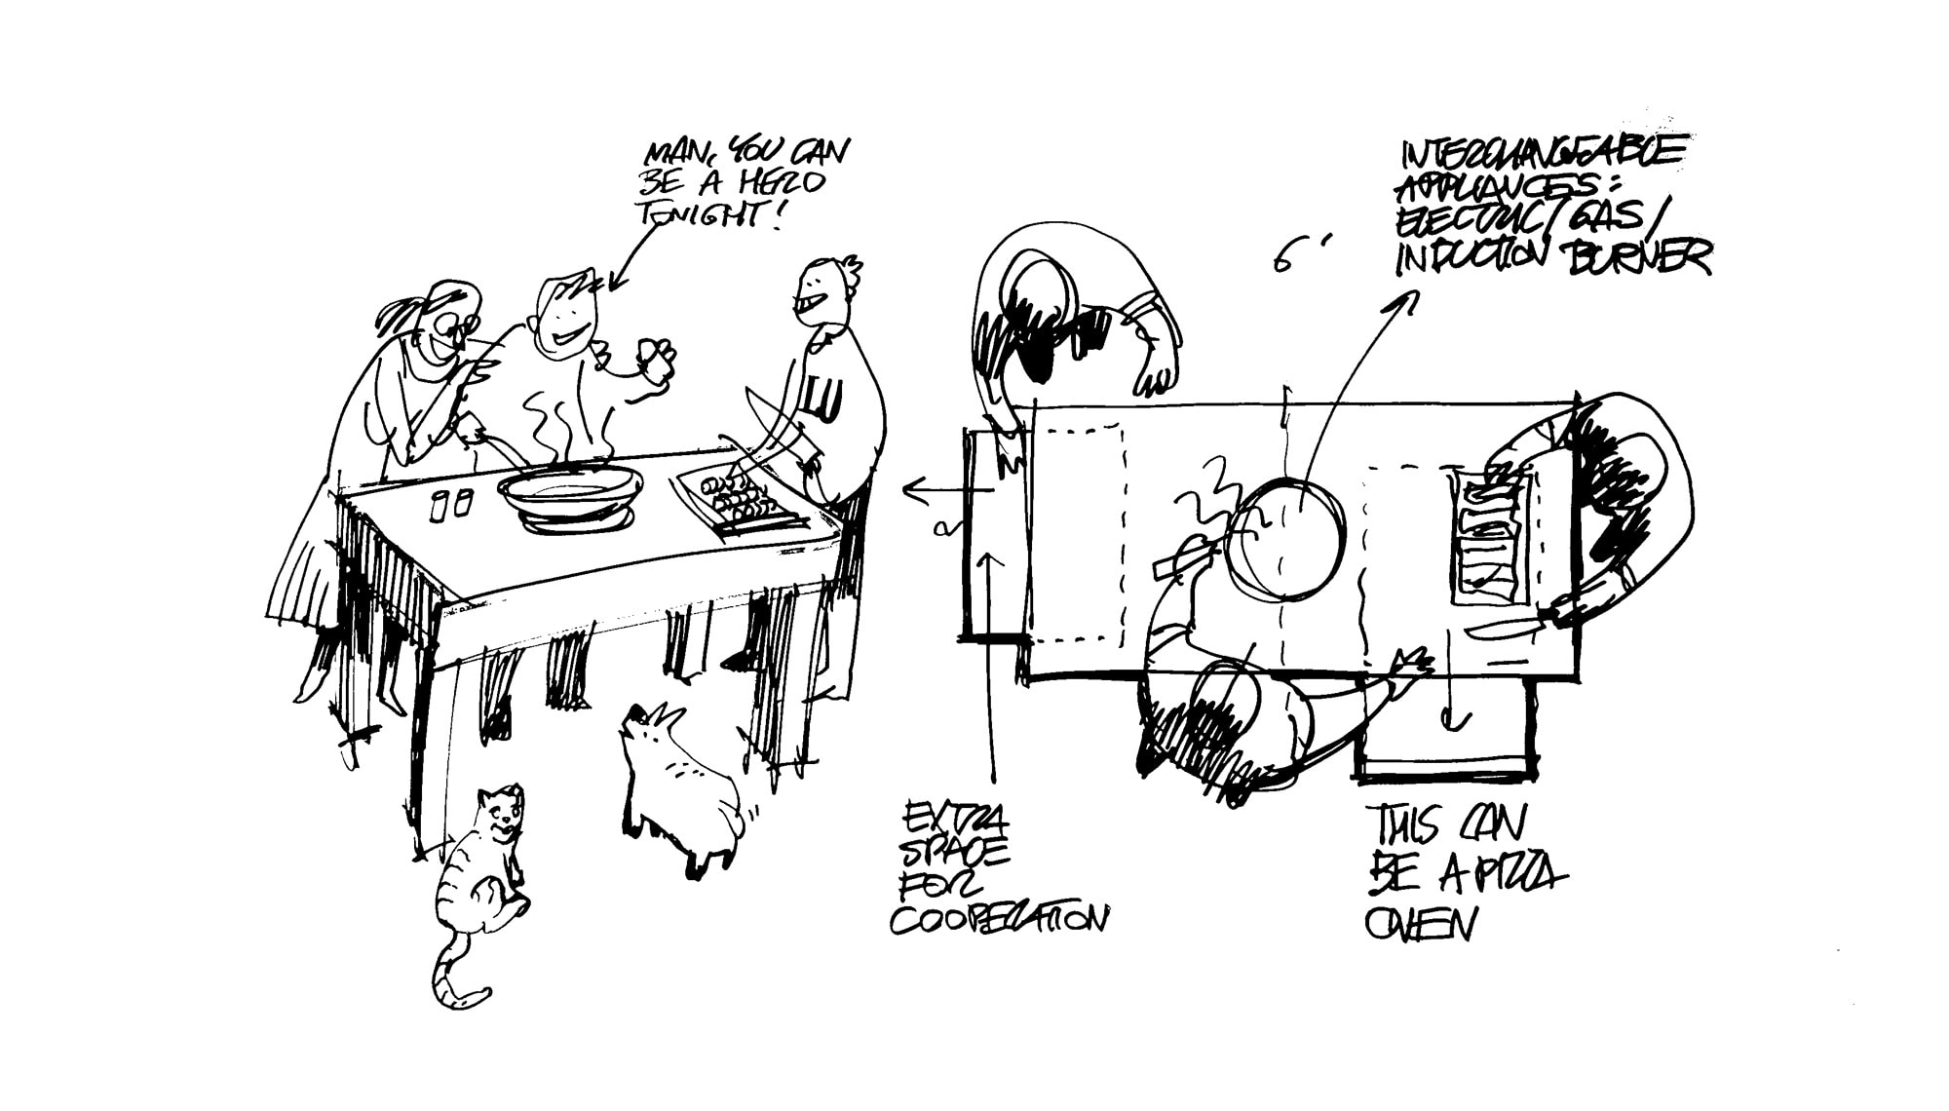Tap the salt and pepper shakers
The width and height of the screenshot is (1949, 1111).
(x=451, y=505)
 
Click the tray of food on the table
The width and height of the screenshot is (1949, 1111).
(x=743, y=504)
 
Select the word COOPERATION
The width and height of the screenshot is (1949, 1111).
(x=999, y=919)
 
